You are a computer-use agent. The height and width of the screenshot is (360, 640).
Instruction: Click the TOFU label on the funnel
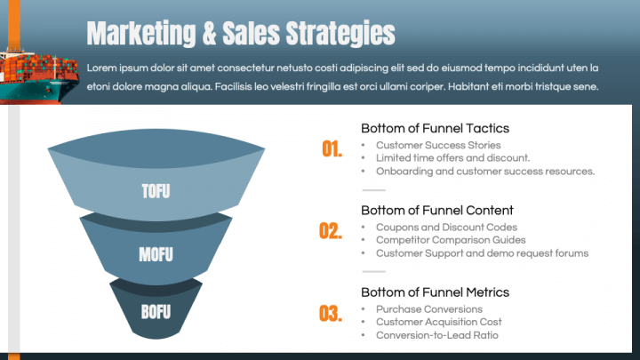[x=156, y=191]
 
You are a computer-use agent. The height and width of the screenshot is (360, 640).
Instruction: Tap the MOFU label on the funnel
[x=156, y=254]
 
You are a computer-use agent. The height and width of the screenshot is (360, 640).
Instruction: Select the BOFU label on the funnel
[x=156, y=312]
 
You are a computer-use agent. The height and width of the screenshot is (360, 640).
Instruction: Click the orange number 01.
[x=332, y=149]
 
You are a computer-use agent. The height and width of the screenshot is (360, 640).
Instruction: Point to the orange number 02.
[x=331, y=231]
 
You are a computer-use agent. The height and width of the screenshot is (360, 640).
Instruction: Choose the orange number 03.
[x=331, y=314]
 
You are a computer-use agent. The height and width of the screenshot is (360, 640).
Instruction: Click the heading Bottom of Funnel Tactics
[x=435, y=129]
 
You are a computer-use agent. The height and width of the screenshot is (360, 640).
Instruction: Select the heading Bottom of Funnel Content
[x=437, y=211]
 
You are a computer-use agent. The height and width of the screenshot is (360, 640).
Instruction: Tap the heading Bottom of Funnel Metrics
[x=435, y=292]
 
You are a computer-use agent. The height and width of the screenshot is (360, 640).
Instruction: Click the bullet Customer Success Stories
[x=438, y=145]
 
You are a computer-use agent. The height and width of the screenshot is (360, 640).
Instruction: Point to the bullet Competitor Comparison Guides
[x=451, y=240]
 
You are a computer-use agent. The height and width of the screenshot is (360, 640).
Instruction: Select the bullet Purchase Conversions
[x=429, y=309]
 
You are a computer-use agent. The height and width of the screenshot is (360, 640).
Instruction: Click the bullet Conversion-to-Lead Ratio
[x=437, y=335]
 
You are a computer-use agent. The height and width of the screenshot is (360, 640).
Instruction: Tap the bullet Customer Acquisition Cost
[x=439, y=322]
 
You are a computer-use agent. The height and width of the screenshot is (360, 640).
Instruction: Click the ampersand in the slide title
[x=209, y=34]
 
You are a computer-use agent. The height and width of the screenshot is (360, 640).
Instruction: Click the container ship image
[x=39, y=76]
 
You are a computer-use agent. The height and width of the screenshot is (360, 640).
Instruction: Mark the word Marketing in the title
[x=141, y=34]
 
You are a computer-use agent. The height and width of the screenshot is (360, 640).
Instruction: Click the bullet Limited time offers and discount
[x=453, y=158]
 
